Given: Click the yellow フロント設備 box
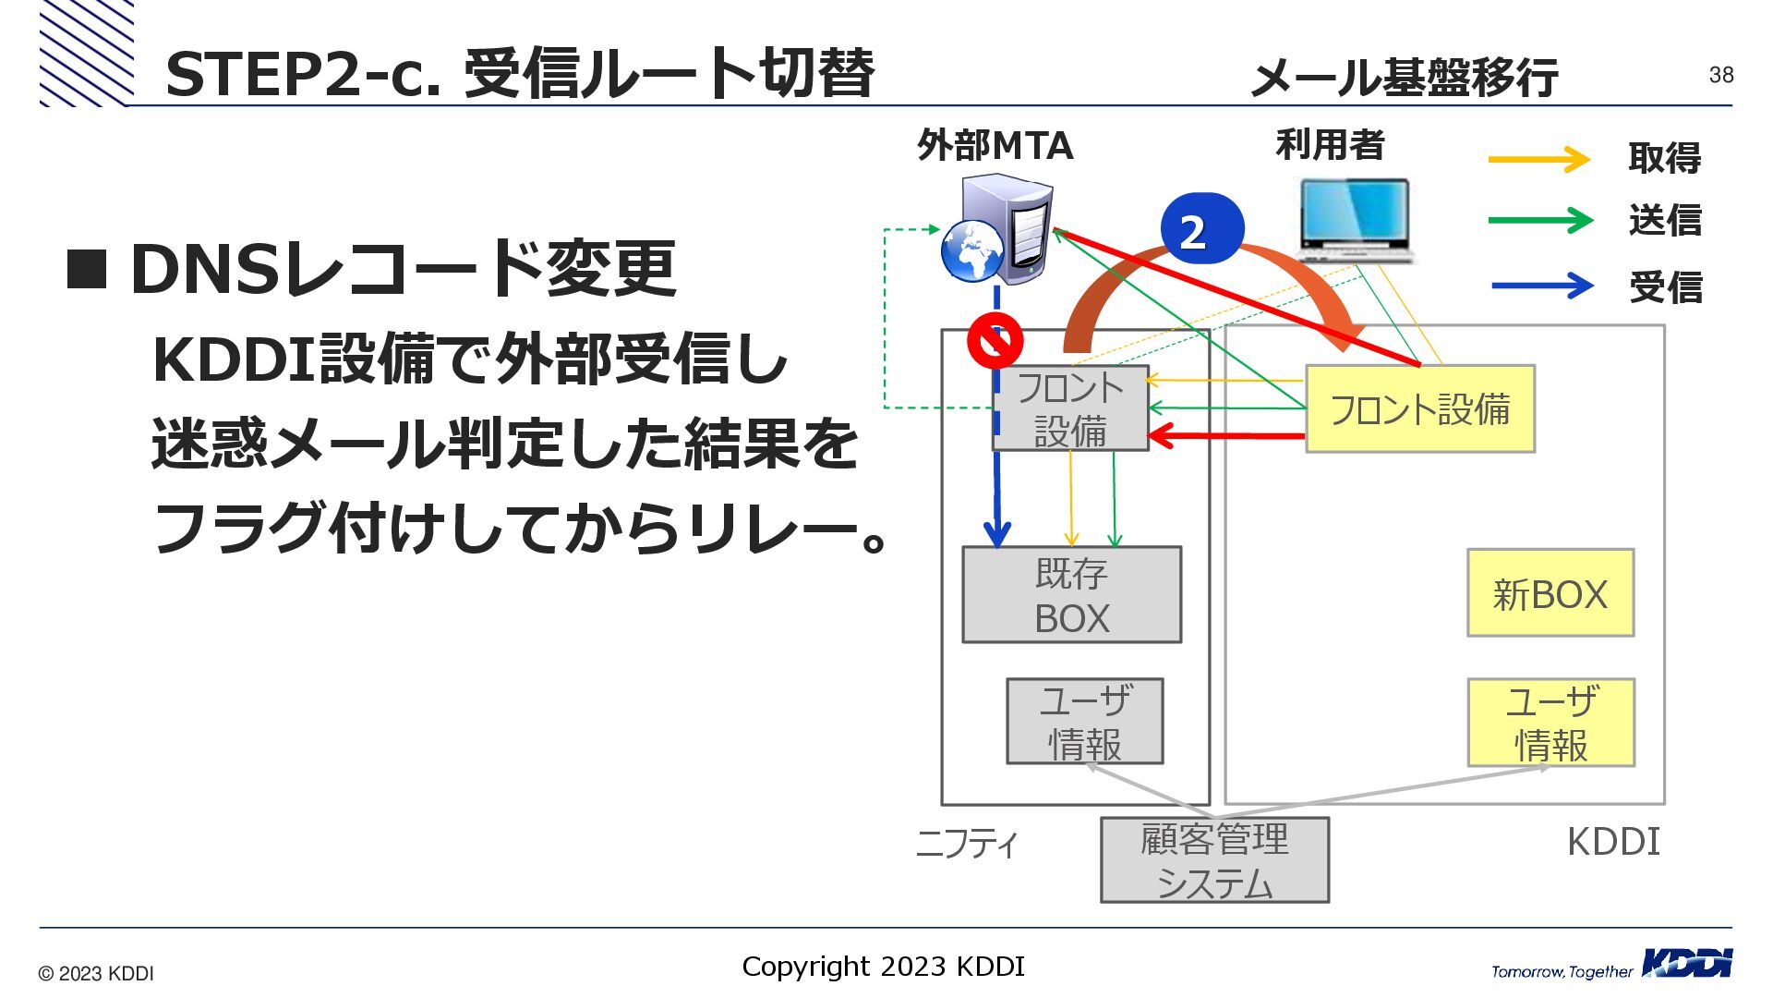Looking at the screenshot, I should pyautogui.click(x=1419, y=408).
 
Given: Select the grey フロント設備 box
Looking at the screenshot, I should pyautogui.click(x=1070, y=408).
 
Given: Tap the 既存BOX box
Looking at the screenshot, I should pyautogui.click(x=1071, y=595).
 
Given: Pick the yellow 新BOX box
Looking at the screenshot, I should pyautogui.click(x=1550, y=593).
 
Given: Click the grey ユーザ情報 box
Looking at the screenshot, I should pyautogui.click(x=1084, y=722).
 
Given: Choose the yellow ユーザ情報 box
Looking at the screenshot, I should pyautogui.click(x=1551, y=723).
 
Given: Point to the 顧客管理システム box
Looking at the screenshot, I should pyautogui.click(x=1214, y=860).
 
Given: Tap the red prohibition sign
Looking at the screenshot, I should pyautogui.click(x=995, y=340).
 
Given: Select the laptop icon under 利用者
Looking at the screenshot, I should pyautogui.click(x=1356, y=220).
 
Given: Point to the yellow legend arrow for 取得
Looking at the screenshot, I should pyautogui.click(x=1538, y=159).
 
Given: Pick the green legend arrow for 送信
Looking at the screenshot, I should pyautogui.click(x=1539, y=221).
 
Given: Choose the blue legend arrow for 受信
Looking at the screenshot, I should pyautogui.click(x=1541, y=286).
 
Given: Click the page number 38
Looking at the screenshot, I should pyautogui.click(x=1720, y=75).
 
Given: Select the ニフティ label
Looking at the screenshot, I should pyautogui.click(x=966, y=843).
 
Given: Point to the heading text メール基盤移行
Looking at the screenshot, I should pyautogui.click(x=1404, y=77).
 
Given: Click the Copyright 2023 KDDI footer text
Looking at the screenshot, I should pyautogui.click(x=883, y=967).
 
